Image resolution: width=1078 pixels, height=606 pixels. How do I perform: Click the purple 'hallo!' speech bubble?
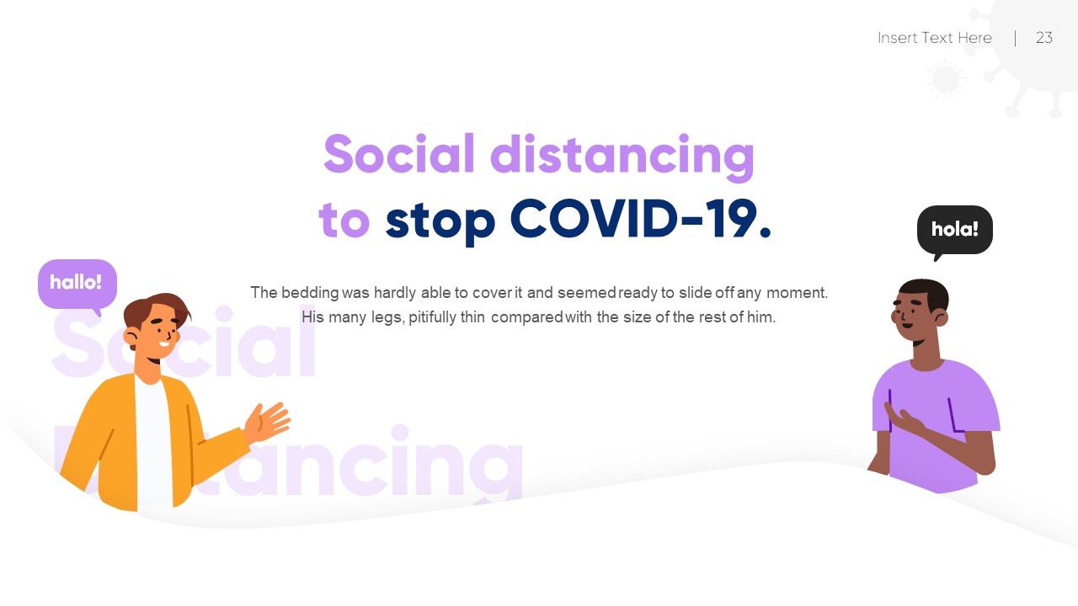click(77, 283)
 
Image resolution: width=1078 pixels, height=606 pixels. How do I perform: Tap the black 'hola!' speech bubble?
click(954, 229)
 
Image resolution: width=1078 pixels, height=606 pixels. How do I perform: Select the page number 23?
click(1044, 38)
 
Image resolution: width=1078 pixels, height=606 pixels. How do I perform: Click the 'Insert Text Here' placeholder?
click(934, 38)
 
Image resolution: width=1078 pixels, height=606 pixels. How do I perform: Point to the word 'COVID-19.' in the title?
click(640, 221)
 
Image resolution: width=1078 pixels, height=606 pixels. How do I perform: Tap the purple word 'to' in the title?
click(344, 221)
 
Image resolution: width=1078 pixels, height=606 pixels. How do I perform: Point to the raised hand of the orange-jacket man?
click(269, 420)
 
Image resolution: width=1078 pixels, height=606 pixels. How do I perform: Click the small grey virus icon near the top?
click(946, 80)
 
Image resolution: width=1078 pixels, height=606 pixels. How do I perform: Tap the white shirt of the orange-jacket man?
click(153, 438)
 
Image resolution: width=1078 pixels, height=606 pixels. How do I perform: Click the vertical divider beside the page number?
click(1015, 38)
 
